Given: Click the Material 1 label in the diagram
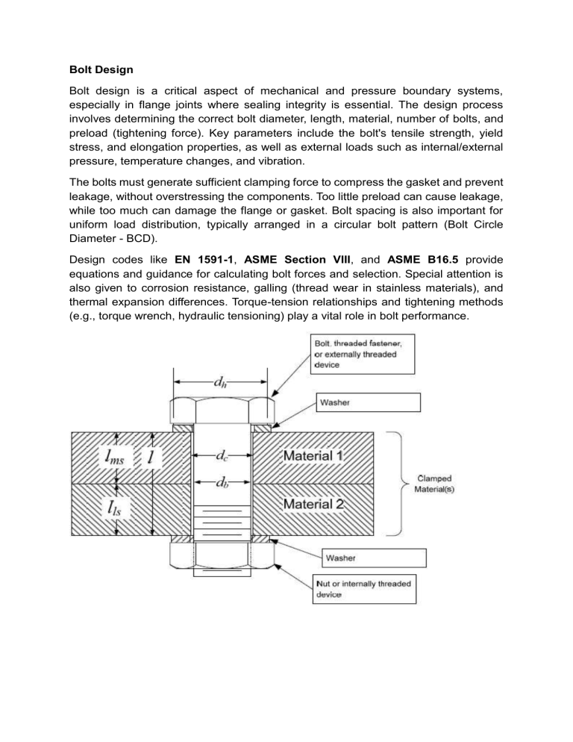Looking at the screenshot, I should pos(313,455).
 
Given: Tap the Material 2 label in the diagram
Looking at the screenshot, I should pos(313,505).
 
